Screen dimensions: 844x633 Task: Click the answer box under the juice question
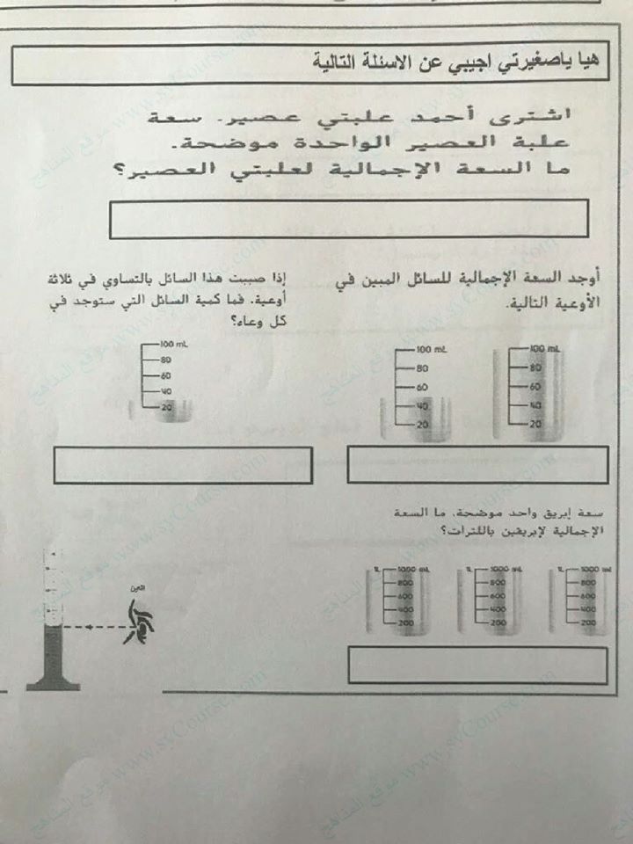tap(349, 219)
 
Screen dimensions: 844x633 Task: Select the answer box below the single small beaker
tap(182, 465)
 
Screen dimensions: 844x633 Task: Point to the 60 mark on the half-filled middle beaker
tap(421, 387)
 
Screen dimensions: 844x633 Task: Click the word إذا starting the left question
tap(279, 280)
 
